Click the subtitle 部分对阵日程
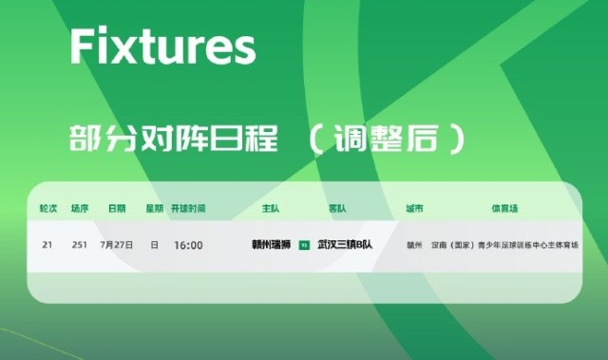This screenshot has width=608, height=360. pyautogui.click(x=173, y=139)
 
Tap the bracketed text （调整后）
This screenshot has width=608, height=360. pyautogui.click(x=388, y=139)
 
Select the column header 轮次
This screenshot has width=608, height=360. pyautogui.click(x=47, y=207)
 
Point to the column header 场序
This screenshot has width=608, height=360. pyautogui.click(x=80, y=207)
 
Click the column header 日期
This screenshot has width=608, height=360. pyautogui.click(x=117, y=207)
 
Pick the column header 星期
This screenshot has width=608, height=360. pyautogui.click(x=154, y=207)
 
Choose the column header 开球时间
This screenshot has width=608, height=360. pyautogui.click(x=188, y=207)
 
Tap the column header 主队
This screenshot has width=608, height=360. pyautogui.click(x=270, y=207)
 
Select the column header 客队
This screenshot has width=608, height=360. pyautogui.click(x=337, y=207)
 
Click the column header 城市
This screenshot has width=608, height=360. pyautogui.click(x=414, y=207)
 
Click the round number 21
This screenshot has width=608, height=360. pyautogui.click(x=47, y=245)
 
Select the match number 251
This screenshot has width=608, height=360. pyautogui.click(x=80, y=245)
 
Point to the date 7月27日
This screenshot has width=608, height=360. pyautogui.click(x=117, y=245)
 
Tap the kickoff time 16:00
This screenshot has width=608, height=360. pyautogui.click(x=188, y=245)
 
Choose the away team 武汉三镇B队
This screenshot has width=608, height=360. pyautogui.click(x=345, y=245)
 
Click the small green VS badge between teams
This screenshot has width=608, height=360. pyautogui.click(x=304, y=245)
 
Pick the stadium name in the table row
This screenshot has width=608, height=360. pyautogui.click(x=505, y=245)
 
